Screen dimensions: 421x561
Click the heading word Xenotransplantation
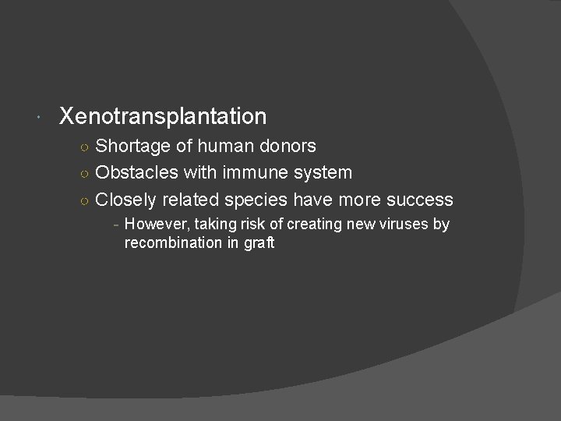click(163, 117)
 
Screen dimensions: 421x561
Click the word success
click(419, 200)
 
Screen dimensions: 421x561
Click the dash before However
click(115, 225)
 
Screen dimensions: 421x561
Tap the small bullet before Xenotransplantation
click(39, 119)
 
